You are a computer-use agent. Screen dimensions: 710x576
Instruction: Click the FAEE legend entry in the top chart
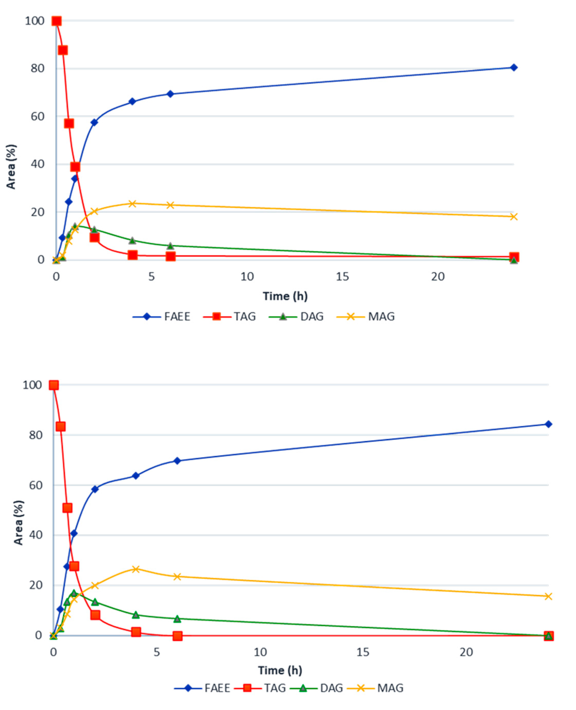[x=177, y=317]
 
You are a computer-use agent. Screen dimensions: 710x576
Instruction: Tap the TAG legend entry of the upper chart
[x=245, y=317]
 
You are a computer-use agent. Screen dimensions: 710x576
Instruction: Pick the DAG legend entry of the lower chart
[x=331, y=688]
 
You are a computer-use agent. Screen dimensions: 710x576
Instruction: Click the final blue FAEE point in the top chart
[x=514, y=67]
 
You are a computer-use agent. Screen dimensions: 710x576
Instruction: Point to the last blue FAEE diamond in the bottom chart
[x=549, y=424]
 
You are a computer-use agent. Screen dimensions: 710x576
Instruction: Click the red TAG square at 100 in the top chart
[x=57, y=21]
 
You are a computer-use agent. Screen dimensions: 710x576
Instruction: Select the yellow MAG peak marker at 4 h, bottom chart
[x=135, y=569]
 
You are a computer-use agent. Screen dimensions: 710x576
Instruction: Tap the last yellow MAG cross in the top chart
[x=514, y=217]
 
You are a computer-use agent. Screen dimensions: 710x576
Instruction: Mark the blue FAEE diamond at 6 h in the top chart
[x=170, y=94]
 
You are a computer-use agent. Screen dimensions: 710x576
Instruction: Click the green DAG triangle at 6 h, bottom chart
[x=177, y=619]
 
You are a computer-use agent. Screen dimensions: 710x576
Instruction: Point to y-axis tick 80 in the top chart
[x=37, y=68]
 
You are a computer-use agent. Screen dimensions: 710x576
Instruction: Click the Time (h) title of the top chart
[x=285, y=296]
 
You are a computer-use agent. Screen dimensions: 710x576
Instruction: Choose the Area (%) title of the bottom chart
[x=18, y=522]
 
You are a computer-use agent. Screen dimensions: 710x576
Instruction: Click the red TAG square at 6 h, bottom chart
[x=178, y=636]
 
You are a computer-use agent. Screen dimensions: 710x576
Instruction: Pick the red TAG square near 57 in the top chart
[x=69, y=124]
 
